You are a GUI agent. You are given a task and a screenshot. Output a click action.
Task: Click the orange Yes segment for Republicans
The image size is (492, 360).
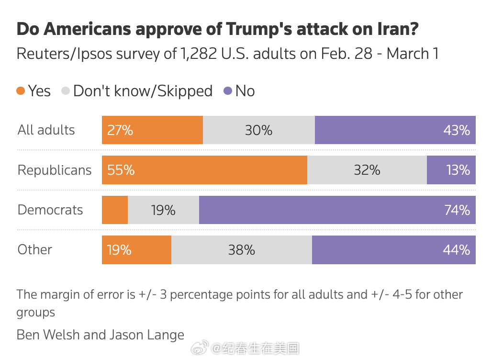coord(204,170)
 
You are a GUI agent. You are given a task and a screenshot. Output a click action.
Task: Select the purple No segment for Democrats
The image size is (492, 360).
coord(337,210)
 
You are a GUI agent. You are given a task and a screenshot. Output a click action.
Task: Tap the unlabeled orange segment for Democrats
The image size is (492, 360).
coord(115,210)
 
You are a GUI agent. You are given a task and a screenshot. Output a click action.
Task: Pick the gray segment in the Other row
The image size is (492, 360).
coord(242,250)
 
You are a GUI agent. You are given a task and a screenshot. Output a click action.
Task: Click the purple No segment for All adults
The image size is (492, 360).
coord(395,130)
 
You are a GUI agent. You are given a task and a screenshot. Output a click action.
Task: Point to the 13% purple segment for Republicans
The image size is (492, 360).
coord(451,170)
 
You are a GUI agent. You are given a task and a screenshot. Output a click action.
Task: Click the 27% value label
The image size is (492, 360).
coord(120,130)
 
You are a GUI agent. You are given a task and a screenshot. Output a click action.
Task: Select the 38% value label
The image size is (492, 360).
coord(242,250)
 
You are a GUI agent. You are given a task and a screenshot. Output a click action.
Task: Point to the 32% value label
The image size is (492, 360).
coord(367,170)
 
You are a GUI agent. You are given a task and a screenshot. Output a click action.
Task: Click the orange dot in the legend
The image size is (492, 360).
coord(21,91)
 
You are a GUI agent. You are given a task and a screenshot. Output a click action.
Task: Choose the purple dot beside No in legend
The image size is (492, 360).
coord(228,91)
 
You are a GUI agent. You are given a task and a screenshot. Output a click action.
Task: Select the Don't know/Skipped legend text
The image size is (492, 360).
coord(143,91)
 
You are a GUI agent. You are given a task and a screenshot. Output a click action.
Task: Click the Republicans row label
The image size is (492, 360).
coord(55,170)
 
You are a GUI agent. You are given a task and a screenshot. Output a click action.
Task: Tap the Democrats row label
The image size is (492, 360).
coord(50,210)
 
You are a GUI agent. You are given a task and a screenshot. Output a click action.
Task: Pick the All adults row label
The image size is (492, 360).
coord(46,130)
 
